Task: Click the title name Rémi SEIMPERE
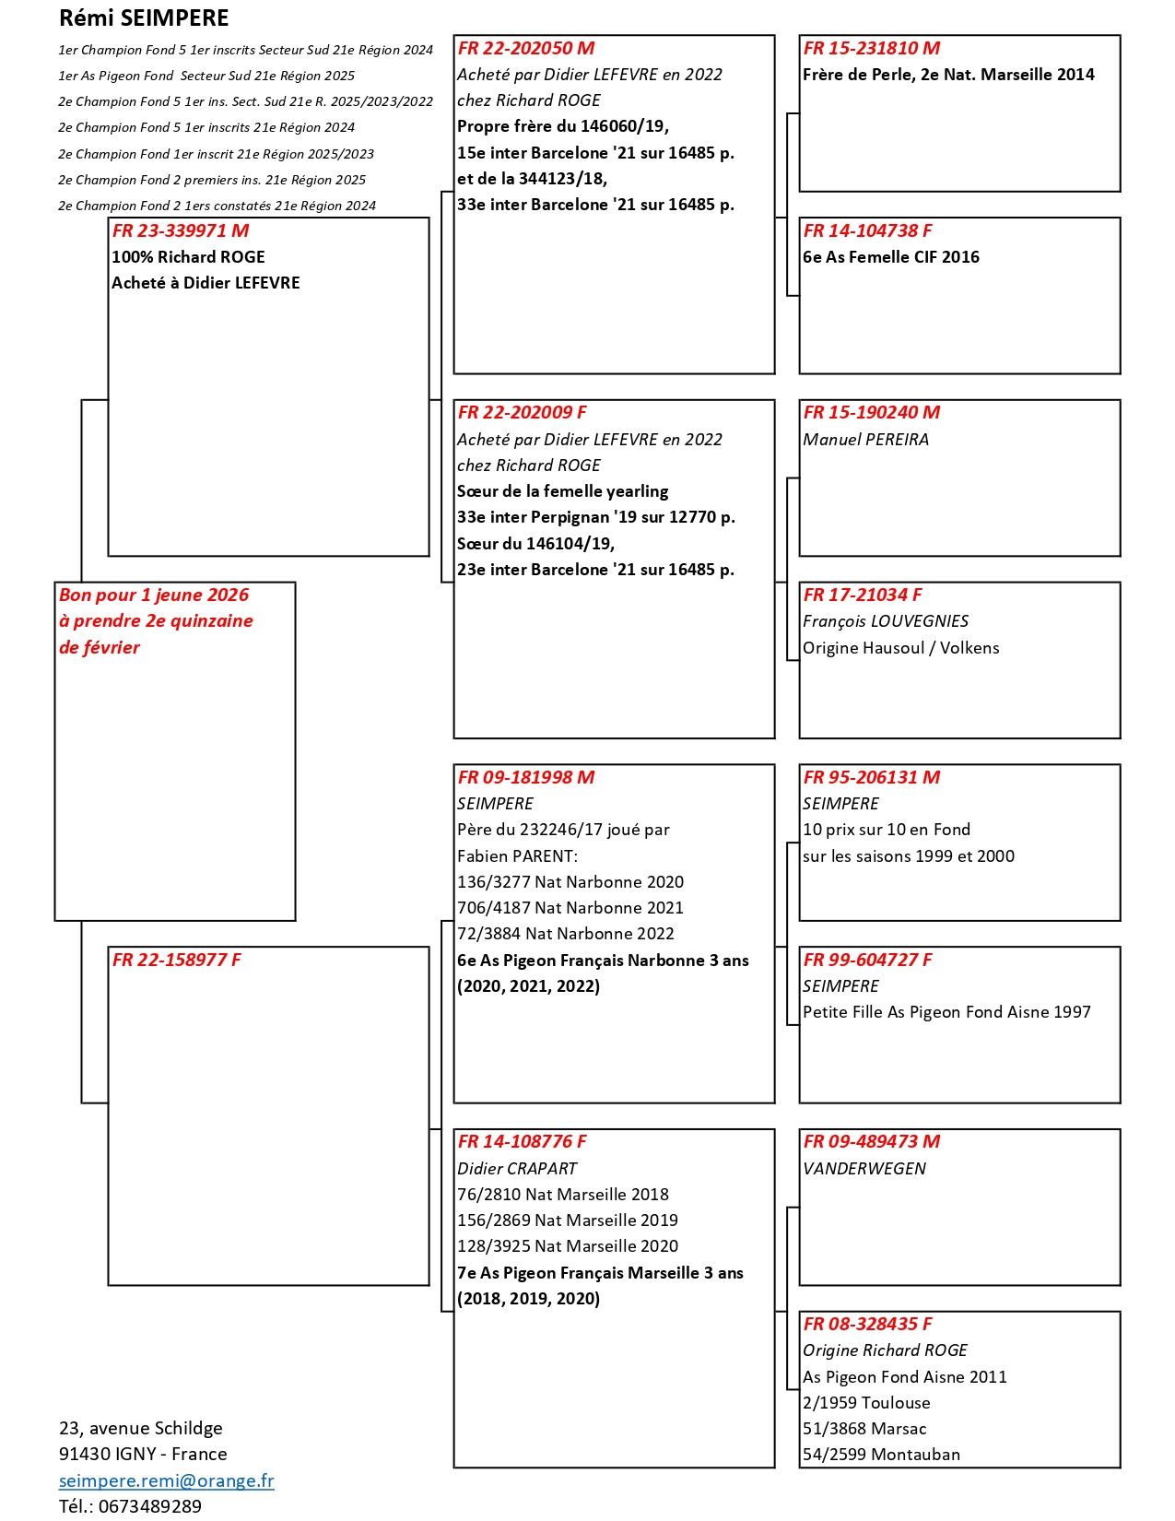pos(144,18)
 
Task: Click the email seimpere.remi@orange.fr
pos(167,1480)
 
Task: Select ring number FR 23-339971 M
pos(181,230)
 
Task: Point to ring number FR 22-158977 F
pos(176,960)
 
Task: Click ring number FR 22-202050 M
pos(526,48)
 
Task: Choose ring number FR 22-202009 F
pos(522,412)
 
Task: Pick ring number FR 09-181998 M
pos(526,777)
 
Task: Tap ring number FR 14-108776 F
pos(522,1141)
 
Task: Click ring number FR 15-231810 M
pos(872,48)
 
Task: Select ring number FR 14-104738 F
pos(867,230)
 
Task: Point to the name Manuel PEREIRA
pos(865,440)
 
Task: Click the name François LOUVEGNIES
pos(886,621)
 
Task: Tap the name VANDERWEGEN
pos(864,1168)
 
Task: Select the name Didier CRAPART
pos(517,1168)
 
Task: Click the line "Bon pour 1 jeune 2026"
pos(154,595)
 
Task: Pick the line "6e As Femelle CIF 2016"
pos(891,257)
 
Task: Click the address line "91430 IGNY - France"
pos(143,1454)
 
